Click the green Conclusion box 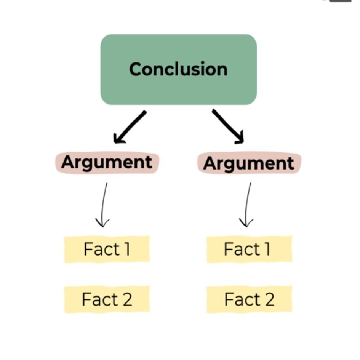pyautogui.click(x=179, y=70)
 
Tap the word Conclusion pyautogui.click(x=178, y=69)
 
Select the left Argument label pyautogui.click(x=107, y=163)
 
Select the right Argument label pyautogui.click(x=250, y=163)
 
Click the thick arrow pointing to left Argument pyautogui.click(x=130, y=127)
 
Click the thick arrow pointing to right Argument pyautogui.click(x=228, y=126)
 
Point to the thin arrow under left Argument pyautogui.click(x=104, y=204)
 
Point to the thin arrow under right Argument pyautogui.click(x=248, y=204)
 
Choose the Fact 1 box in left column pyautogui.click(x=107, y=249)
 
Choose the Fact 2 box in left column pyautogui.click(x=107, y=299)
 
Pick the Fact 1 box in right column pyautogui.click(x=250, y=249)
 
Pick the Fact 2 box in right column pyautogui.click(x=250, y=299)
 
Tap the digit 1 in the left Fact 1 pyautogui.click(x=127, y=249)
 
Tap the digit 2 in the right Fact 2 pyautogui.click(x=269, y=299)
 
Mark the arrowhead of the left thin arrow pyautogui.click(x=102, y=223)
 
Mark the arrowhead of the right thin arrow pyautogui.click(x=246, y=223)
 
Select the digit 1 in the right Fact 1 pyautogui.click(x=267, y=249)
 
